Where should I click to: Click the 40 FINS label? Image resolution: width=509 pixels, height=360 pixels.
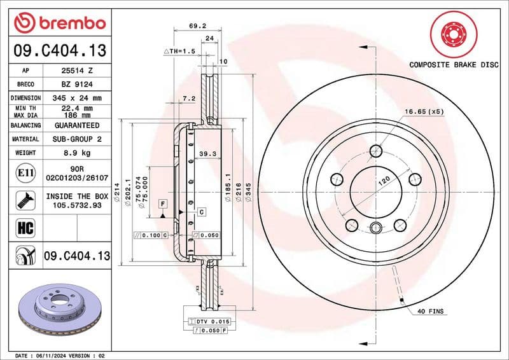[430, 311]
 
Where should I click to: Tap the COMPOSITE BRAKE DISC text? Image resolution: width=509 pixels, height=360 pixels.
[453, 64]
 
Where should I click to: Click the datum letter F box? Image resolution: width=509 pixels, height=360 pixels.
[164, 203]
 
